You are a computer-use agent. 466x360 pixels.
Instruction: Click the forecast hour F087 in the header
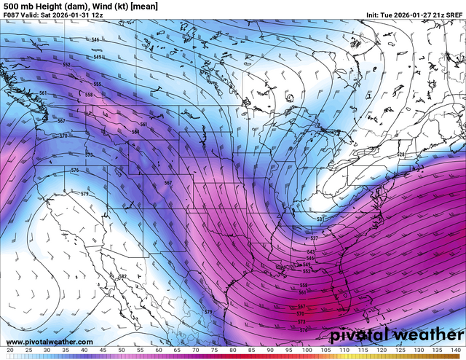(x=12, y=15)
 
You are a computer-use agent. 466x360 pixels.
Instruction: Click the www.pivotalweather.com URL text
(x=50, y=342)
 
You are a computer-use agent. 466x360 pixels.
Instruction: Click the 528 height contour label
(x=400, y=154)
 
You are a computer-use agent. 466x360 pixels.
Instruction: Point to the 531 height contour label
(x=321, y=219)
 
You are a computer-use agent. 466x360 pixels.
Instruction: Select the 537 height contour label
(x=314, y=238)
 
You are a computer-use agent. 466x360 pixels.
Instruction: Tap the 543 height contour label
(x=311, y=251)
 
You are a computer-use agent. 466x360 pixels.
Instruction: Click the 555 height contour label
(x=98, y=84)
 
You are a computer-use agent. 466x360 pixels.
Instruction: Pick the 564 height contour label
(x=135, y=132)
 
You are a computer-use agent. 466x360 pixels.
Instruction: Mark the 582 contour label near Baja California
(x=122, y=277)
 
